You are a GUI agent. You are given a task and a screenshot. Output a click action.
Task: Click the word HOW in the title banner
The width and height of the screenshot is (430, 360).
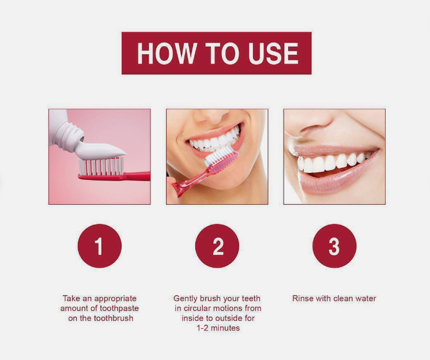pyautogui.click(x=167, y=53)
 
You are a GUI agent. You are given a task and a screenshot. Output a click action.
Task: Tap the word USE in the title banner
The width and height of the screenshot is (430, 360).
pyautogui.click(x=273, y=53)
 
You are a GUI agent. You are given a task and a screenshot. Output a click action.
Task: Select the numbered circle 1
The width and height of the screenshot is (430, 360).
pyautogui.click(x=100, y=246)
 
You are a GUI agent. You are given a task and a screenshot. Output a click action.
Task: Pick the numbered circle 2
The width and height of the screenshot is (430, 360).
pyautogui.click(x=217, y=246)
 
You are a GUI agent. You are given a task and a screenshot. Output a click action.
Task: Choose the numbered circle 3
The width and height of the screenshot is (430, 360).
pyautogui.click(x=334, y=246)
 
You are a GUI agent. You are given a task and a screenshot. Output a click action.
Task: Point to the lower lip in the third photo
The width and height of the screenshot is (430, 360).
pyautogui.click(x=337, y=180)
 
